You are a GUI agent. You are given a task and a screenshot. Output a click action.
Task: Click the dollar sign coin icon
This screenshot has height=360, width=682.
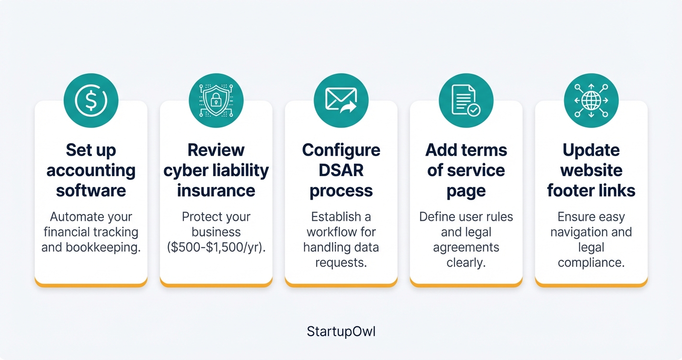coord(91,101)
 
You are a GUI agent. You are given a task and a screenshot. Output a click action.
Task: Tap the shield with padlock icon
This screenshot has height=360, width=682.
coord(216,101)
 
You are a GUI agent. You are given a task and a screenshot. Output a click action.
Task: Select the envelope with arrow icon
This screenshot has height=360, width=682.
coord(341,101)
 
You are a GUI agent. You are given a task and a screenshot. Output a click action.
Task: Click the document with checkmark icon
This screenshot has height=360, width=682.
coord(466,101)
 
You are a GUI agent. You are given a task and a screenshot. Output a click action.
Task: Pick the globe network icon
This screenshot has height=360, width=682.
coord(591,101)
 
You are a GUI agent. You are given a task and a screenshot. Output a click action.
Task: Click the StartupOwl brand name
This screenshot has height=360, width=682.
coord(341,332)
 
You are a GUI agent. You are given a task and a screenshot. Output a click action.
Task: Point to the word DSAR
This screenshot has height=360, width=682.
coord(341,170)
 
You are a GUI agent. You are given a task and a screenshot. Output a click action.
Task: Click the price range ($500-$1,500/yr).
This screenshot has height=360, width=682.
coord(216,247)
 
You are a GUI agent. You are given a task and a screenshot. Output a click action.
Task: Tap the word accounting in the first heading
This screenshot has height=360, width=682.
coord(91,170)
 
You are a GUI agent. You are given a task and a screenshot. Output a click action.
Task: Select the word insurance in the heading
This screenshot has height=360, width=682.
coord(216,191)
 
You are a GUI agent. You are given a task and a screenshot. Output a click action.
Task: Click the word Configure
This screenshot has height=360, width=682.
coord(341,150)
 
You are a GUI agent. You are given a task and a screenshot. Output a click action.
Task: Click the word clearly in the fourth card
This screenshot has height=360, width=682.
coord(466,263)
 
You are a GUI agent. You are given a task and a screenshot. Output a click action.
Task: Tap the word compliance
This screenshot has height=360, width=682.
coord(591,263)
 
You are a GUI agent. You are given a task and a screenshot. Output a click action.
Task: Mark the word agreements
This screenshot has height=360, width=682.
coord(466,247)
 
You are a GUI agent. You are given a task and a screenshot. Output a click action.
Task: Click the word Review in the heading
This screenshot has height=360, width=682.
coord(216,150)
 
